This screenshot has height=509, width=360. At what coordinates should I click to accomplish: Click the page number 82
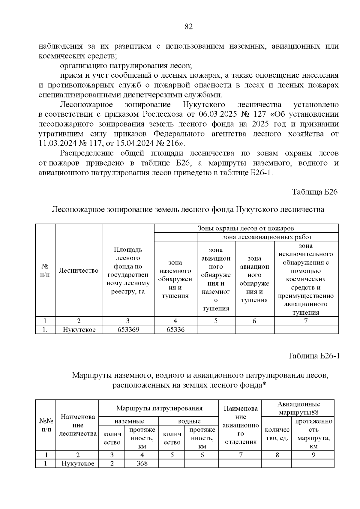tap(188, 27)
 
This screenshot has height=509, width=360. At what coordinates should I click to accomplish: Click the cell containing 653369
tap(128, 330)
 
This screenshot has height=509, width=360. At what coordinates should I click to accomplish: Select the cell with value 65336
tap(175, 330)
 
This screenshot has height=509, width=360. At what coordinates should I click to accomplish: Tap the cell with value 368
tap(142, 463)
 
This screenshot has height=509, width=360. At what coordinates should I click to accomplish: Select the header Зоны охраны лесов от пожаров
tap(246, 228)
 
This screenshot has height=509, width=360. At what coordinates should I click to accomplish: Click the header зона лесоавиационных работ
tap(267, 237)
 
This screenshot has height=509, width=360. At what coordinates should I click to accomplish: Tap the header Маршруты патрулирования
tap(159, 408)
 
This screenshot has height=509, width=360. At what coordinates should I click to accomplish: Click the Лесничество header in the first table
tap(79, 271)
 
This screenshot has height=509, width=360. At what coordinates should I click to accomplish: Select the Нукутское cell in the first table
tap(79, 330)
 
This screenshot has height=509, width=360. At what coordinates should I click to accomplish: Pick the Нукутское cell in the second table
tap(78, 463)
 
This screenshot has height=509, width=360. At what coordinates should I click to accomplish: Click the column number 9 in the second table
tap(313, 455)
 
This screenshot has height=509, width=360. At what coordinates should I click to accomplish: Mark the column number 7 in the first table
tap(306, 321)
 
